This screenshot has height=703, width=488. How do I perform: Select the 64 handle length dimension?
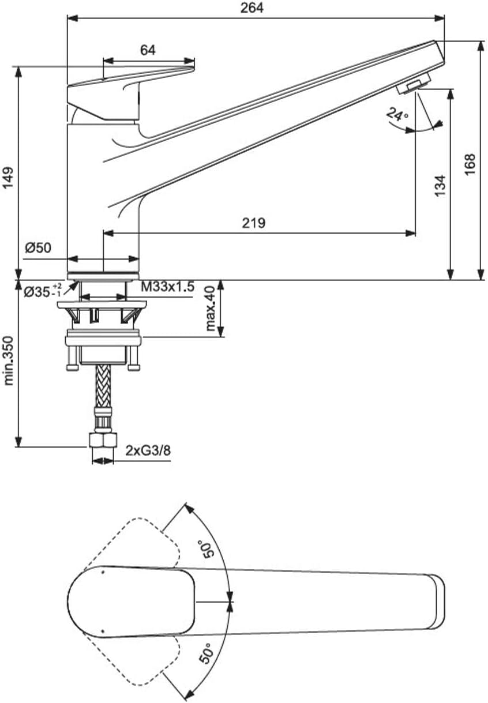click(x=148, y=50)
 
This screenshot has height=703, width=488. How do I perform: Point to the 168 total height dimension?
click(x=470, y=164)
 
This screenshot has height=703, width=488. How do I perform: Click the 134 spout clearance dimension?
click(x=440, y=186)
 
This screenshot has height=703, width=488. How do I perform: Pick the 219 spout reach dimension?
click(x=254, y=223)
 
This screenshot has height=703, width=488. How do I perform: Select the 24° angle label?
click(x=397, y=114)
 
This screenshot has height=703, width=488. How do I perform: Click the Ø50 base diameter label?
click(x=38, y=248)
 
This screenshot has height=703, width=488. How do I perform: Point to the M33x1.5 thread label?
click(x=167, y=287)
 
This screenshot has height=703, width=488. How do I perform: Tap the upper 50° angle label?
click(x=207, y=548)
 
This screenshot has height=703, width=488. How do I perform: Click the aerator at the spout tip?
click(x=414, y=84)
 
